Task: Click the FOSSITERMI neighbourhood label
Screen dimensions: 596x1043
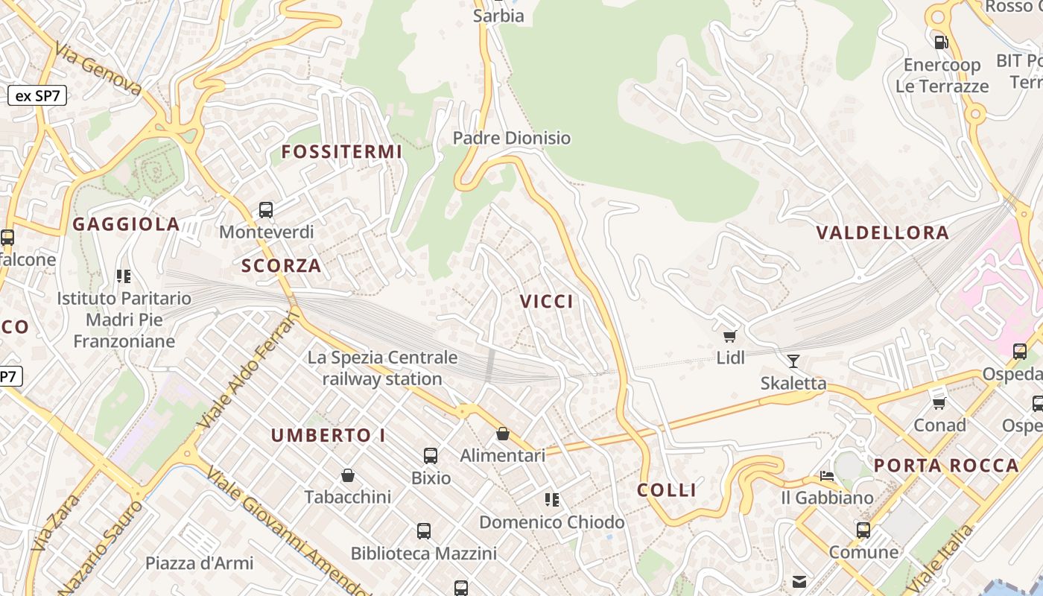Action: click(x=341, y=152)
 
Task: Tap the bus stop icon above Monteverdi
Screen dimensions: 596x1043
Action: click(x=266, y=210)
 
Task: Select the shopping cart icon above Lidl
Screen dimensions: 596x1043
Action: click(x=730, y=337)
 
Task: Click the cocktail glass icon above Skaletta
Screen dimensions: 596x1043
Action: click(x=793, y=361)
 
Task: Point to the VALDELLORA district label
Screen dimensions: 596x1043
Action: click(x=883, y=232)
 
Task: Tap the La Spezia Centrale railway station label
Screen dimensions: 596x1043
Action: click(x=382, y=368)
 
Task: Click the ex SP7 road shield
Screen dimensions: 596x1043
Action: click(x=37, y=95)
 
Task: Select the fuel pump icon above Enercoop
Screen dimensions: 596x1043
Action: click(x=941, y=42)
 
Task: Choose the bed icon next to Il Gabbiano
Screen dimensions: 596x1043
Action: click(x=827, y=475)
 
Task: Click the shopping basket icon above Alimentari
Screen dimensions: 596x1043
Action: click(x=503, y=434)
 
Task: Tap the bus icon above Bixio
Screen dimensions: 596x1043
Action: click(x=431, y=456)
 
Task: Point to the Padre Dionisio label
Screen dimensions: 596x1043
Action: click(x=512, y=138)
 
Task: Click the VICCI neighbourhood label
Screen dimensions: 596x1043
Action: click(x=547, y=301)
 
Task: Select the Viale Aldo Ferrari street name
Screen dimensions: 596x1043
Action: click(x=249, y=370)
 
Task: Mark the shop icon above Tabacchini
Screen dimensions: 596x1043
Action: click(x=347, y=475)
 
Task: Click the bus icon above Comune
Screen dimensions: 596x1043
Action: click(x=863, y=530)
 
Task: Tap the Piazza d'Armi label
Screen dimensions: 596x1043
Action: click(x=199, y=563)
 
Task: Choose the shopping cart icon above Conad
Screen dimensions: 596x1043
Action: click(x=939, y=403)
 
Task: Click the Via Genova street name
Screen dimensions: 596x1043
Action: click(x=98, y=69)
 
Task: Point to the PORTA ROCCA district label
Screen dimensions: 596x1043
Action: click(x=946, y=466)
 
